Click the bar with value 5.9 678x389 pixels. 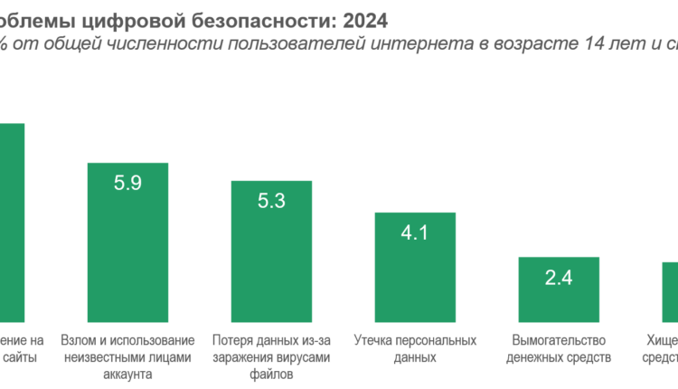click(x=127, y=244)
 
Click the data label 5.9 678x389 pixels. click(x=127, y=183)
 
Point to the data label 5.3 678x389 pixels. click(x=271, y=201)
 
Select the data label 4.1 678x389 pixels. click(x=415, y=232)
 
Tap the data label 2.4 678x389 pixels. click(x=559, y=277)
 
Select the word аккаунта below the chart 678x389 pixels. click(x=127, y=374)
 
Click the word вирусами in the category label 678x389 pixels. click(x=304, y=357)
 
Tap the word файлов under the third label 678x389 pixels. click(x=271, y=374)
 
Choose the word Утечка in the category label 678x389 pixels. click(x=374, y=341)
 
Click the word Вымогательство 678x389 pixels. click(x=558, y=341)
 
